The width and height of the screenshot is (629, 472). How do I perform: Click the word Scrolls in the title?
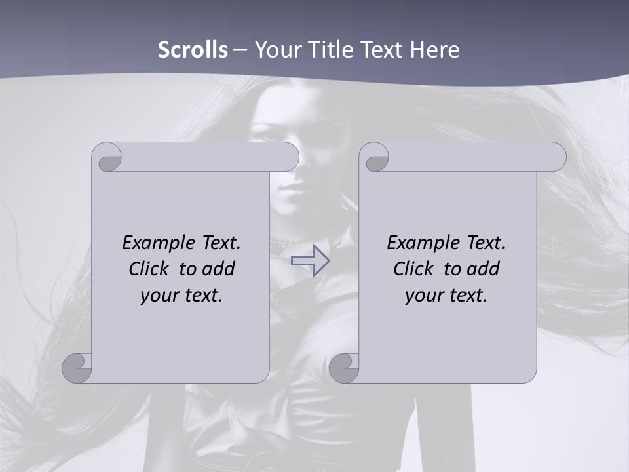coord(193,50)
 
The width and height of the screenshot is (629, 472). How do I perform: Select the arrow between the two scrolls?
coord(310,260)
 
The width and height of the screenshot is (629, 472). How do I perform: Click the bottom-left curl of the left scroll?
coord(77,368)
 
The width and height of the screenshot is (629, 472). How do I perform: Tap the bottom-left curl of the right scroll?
coord(343,368)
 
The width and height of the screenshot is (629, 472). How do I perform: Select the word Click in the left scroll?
coord(148,269)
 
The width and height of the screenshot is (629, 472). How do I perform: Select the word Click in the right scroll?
coord(413,269)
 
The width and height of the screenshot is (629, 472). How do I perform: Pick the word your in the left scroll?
coord(159,296)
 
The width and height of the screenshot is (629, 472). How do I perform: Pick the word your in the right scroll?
coord(424,296)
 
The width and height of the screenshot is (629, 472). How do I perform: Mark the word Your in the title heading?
coord(278,50)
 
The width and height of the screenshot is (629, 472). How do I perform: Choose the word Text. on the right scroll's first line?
coord(485,243)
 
